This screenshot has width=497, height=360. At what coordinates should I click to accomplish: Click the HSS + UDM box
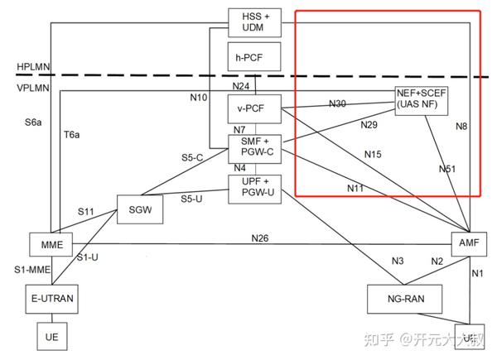point(255,22)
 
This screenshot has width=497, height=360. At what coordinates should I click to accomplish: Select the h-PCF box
point(255,57)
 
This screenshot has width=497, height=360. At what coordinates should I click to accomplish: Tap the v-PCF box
point(255,108)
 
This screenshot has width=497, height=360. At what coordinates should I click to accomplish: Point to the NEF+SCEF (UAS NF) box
point(422,101)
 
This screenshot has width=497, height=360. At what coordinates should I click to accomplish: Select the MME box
point(51,244)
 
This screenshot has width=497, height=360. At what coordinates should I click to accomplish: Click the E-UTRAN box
point(51,297)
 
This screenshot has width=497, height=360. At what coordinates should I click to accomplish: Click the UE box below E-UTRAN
point(51,338)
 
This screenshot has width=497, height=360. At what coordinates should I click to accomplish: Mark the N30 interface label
point(337,103)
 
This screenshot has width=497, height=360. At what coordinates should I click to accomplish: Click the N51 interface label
point(447,169)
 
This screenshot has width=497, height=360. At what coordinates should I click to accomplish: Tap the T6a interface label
point(71,134)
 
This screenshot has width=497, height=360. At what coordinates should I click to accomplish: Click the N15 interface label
point(374,154)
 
